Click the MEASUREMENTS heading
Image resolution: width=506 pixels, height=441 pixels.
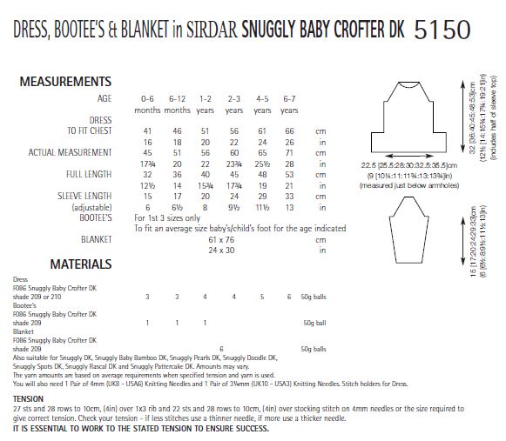coord(65,82)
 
